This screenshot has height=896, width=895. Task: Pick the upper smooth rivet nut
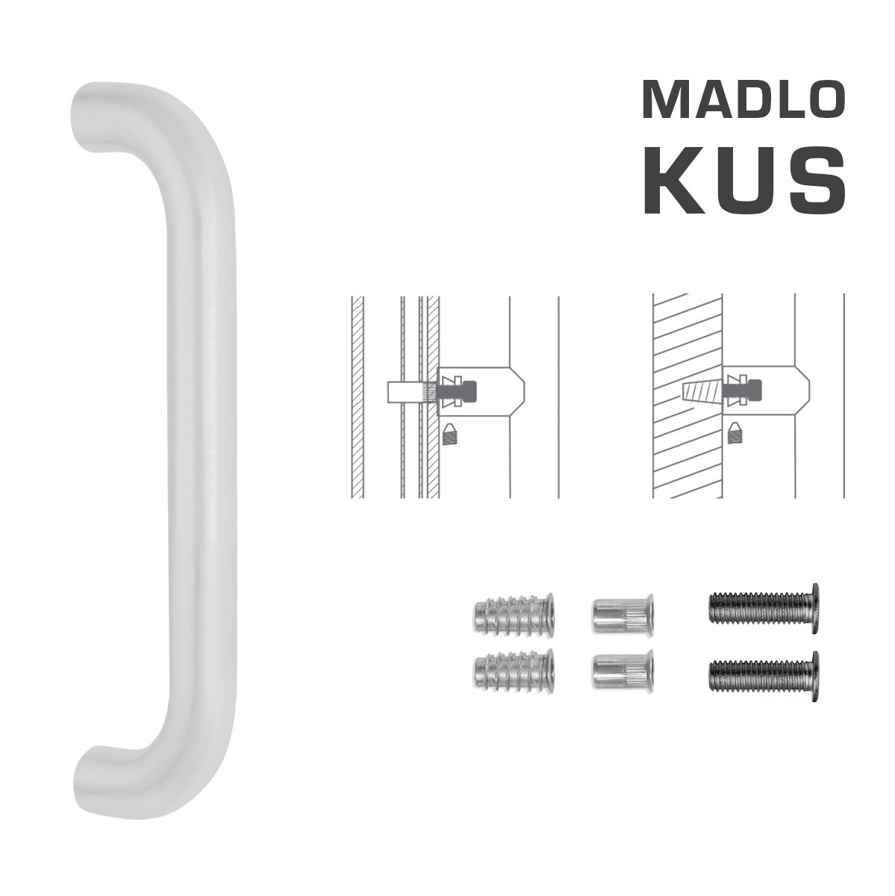point(623,614)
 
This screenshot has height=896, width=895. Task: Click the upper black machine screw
point(764,607)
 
